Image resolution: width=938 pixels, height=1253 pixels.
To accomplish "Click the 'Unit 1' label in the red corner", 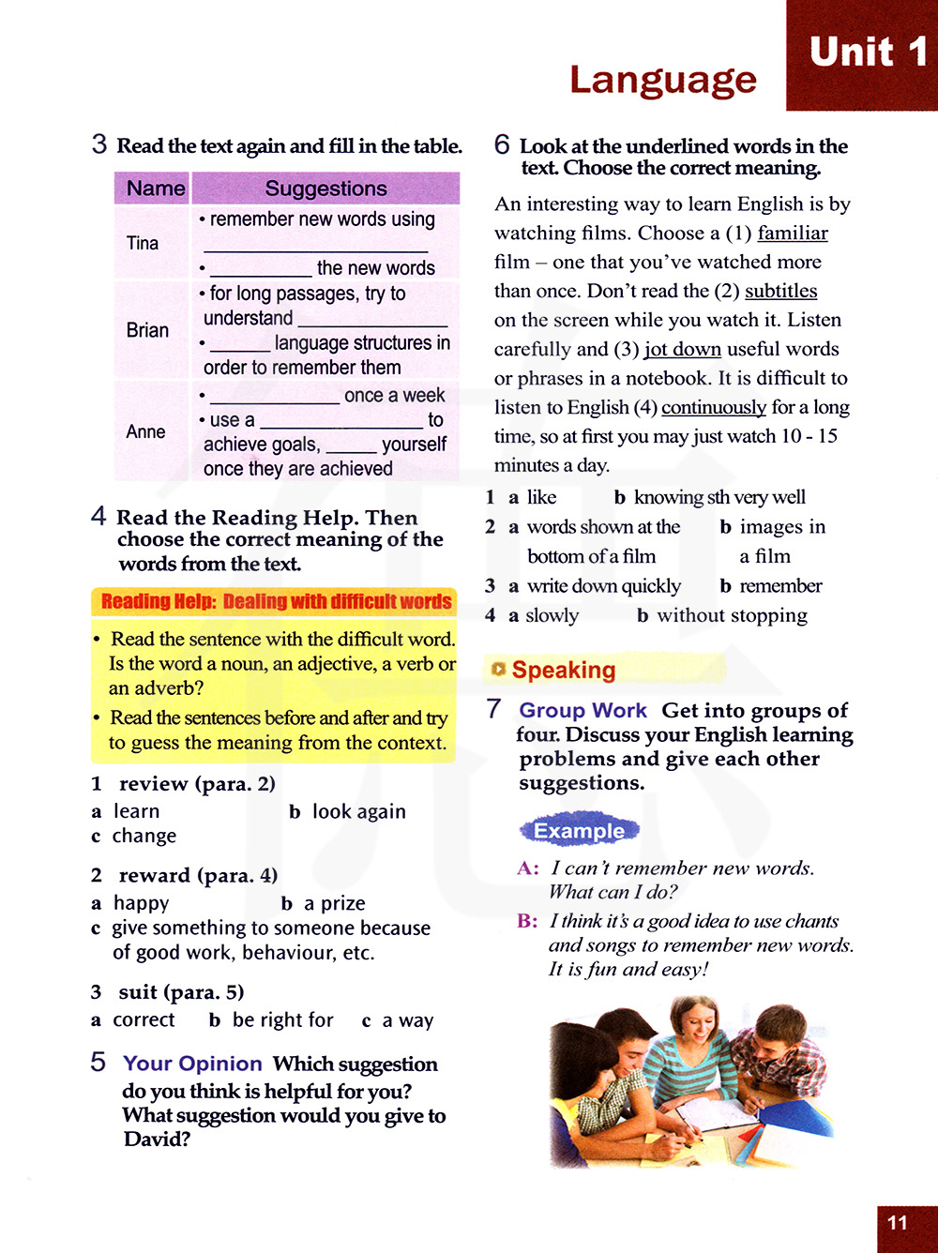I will [868, 53].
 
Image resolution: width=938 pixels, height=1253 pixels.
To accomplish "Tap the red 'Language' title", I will [662, 81].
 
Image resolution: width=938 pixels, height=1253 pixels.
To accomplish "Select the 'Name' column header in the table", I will [155, 189].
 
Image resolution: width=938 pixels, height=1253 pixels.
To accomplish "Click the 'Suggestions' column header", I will [325, 189].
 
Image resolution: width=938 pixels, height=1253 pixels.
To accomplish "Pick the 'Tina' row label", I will [143, 243].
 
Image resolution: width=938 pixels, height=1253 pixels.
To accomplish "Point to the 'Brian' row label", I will [147, 330].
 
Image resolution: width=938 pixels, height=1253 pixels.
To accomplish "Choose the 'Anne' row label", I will [145, 431].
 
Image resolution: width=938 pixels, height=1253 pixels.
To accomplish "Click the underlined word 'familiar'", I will [793, 233].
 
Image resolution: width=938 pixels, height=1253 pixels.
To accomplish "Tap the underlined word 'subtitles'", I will [780, 291].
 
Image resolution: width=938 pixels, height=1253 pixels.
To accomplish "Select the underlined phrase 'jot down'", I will [683, 349].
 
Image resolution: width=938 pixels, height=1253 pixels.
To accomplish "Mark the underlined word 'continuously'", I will [714, 407].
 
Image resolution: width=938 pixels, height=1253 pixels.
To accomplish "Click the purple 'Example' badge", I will [579, 831].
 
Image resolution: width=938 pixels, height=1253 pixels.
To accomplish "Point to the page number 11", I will [898, 1223].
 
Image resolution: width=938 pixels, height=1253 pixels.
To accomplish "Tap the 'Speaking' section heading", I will [564, 670].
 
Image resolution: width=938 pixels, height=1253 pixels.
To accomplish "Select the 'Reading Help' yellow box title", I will [276, 601].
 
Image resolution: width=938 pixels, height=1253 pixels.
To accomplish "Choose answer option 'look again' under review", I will [358, 811].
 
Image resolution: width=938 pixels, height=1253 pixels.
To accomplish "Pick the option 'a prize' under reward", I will [334, 903].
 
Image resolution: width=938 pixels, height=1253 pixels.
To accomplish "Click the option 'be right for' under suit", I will [282, 1019].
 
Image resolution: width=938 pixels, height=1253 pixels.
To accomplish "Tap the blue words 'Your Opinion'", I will [192, 1064].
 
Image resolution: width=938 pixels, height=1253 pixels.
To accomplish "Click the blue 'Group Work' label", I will [582, 711].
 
